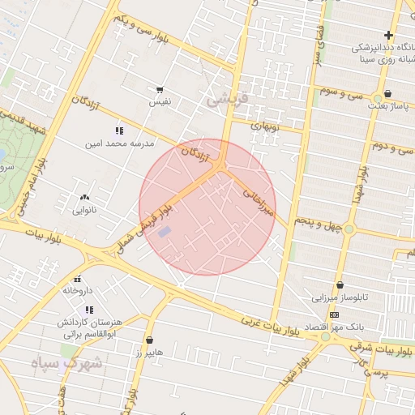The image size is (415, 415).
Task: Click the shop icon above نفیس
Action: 160,90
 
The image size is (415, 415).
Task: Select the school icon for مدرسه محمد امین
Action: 119,130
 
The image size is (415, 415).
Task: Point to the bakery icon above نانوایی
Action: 84,197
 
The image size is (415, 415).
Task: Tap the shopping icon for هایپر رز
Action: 149,340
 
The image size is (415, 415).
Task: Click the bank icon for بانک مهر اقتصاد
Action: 333,314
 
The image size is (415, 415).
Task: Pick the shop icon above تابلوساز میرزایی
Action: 340,285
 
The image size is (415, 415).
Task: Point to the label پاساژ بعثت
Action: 389,106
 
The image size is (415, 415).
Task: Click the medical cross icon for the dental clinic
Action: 389,35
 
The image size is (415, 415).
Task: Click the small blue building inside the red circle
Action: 165,233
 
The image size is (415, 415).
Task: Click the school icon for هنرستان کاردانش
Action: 89,310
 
